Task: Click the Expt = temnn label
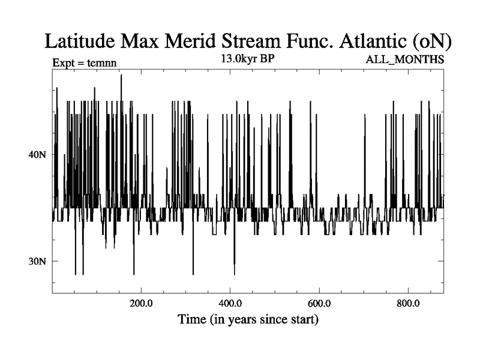(x=84, y=61)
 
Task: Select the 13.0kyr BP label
(x=247, y=59)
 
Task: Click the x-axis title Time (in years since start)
(x=248, y=319)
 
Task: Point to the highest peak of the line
(x=121, y=75)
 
